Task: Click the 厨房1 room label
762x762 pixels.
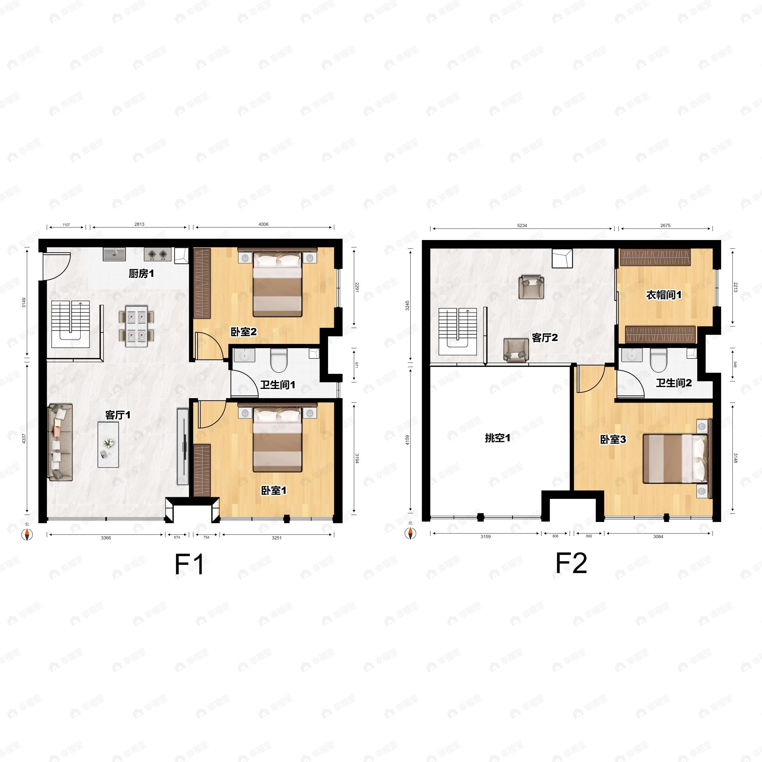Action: [x=141, y=274]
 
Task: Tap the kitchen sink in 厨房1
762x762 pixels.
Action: [x=114, y=254]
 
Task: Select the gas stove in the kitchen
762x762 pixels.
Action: [x=158, y=254]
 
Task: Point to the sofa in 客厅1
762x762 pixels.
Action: [x=60, y=442]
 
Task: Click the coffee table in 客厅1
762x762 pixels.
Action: [x=108, y=444]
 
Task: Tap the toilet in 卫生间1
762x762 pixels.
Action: [x=279, y=360]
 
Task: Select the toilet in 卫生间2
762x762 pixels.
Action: [x=658, y=360]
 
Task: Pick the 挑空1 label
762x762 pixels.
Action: [x=497, y=438]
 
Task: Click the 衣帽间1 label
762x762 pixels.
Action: [x=663, y=295]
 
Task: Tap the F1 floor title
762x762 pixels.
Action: [x=189, y=565]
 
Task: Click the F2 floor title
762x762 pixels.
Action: [x=571, y=563]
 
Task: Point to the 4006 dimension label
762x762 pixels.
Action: [x=264, y=224]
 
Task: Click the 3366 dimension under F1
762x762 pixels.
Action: [x=106, y=538]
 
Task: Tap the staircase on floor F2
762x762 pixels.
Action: [x=458, y=331]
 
